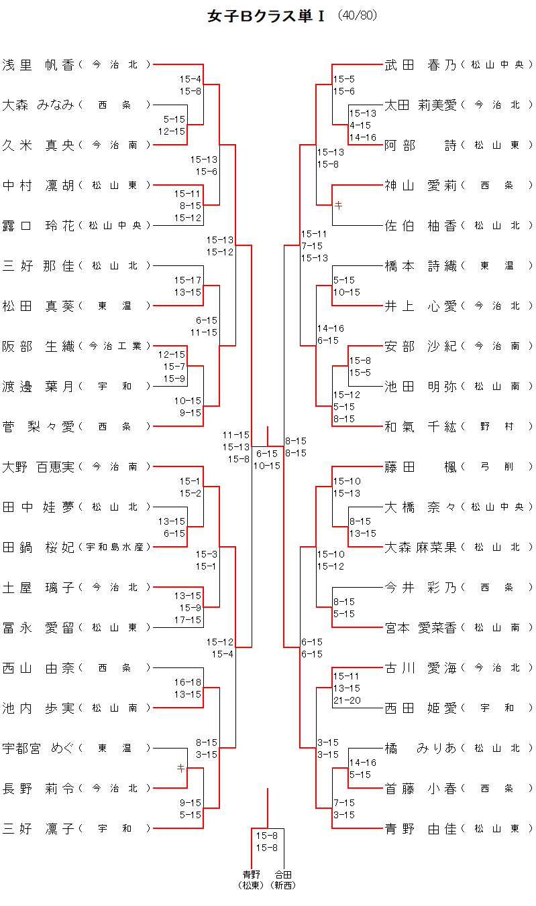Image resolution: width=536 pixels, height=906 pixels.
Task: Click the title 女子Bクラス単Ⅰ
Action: click(266, 16)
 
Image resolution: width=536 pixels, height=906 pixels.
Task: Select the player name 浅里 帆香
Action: click(38, 64)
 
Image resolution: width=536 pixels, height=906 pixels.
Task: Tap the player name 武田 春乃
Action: click(421, 64)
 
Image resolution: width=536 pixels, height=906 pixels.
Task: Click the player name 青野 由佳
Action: click(421, 828)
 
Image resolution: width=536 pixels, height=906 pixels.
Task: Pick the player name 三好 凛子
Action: click(38, 828)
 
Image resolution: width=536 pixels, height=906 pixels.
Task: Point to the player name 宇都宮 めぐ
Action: click(38, 748)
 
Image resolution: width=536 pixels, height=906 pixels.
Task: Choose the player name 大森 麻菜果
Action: click(421, 547)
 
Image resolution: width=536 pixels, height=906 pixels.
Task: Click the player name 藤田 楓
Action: click(421, 466)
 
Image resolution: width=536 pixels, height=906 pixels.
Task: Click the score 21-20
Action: click(346, 700)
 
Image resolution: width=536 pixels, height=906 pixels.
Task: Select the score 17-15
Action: click(188, 620)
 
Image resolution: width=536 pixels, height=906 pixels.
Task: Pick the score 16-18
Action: click(188, 682)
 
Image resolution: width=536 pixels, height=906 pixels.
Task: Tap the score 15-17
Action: click(188, 279)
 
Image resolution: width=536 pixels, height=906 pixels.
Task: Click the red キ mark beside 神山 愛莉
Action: click(338, 206)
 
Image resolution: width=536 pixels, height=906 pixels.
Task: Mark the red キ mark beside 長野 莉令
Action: click(180, 768)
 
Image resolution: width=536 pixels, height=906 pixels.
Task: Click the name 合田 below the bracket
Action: click(283, 875)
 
